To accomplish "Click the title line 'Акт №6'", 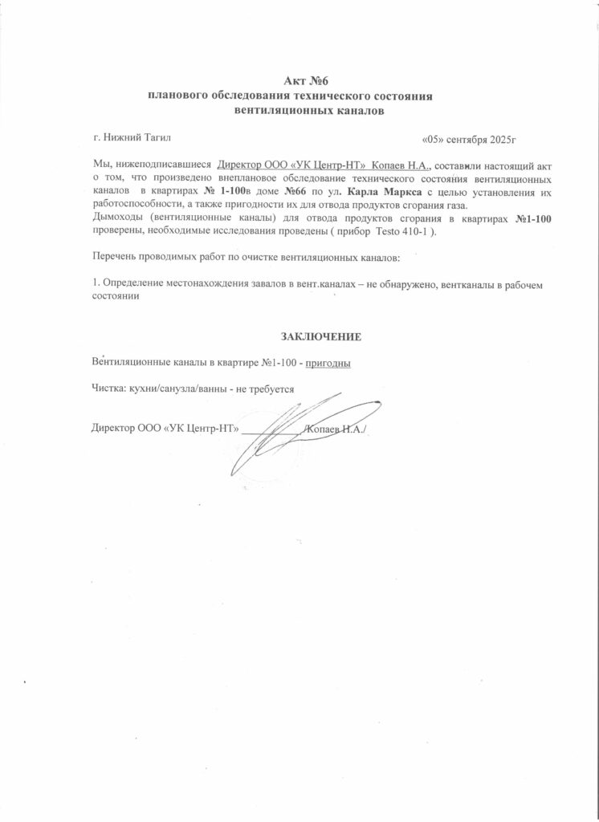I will click(308, 80).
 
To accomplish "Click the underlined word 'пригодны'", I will click(328, 363).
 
